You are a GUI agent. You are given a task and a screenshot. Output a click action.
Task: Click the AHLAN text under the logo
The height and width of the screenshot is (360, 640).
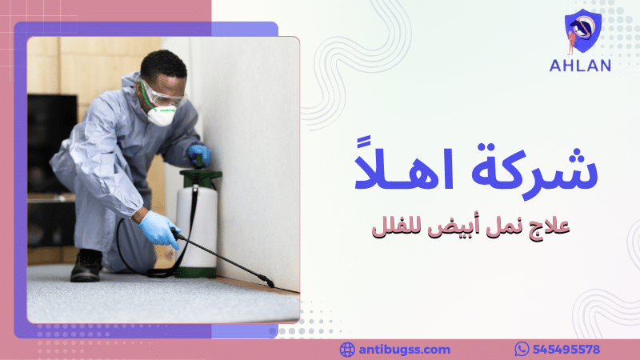(581, 66)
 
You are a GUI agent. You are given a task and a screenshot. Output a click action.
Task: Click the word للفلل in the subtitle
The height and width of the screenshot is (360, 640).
(395, 226)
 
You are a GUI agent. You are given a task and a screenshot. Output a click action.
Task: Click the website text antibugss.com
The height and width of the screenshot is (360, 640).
(404, 349)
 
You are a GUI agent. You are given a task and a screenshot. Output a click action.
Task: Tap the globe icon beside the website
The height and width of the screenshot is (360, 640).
(347, 349)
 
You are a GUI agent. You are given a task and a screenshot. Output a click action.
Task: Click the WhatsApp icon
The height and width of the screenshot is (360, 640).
(522, 349)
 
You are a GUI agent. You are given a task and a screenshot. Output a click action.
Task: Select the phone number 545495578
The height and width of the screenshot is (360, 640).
(567, 349)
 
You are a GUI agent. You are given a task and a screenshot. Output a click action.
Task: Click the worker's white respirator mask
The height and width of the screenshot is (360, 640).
(161, 116)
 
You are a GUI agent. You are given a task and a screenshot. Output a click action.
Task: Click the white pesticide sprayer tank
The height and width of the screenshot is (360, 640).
(197, 224)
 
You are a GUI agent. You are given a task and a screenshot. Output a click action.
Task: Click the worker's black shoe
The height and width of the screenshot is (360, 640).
(86, 266)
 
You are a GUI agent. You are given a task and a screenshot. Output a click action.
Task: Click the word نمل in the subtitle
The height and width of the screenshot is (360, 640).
(502, 226)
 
